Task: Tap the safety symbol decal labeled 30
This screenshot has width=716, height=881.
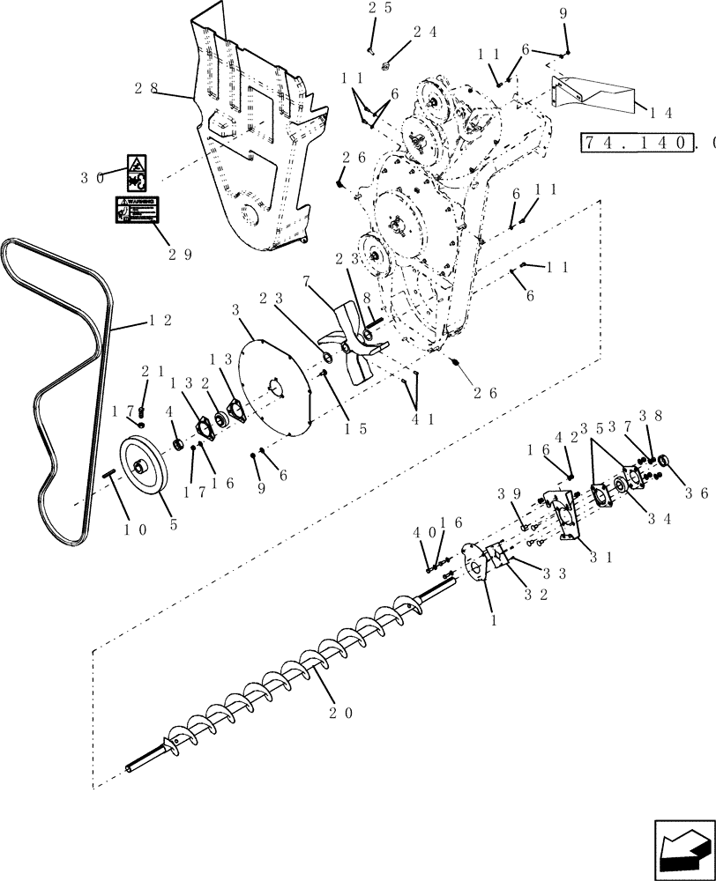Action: pos(136,172)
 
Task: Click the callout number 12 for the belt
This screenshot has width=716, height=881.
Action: pos(159,321)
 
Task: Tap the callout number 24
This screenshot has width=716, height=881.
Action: pos(425,32)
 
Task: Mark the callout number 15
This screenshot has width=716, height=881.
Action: pos(355,429)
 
